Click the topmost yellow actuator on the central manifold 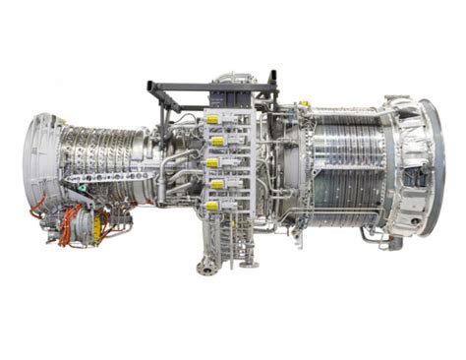tap(211, 120)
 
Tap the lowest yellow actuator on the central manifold tap(211, 206)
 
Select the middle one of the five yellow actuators tap(211, 163)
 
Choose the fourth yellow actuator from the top tap(214, 184)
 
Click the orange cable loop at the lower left tap(41, 212)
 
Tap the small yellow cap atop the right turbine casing tap(305, 102)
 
